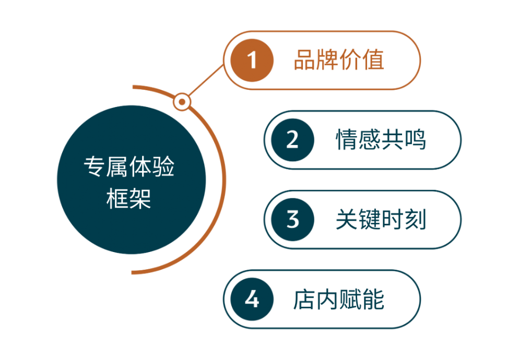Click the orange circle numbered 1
tap(252, 61)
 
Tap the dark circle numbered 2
tap(292, 140)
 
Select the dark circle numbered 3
tap(292, 220)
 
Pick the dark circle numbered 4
tap(252, 299)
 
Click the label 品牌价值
tap(338, 60)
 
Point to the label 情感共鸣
tap(381, 140)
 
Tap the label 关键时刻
tap(381, 220)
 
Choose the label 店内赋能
tap(338, 299)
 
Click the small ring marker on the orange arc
tap(182, 102)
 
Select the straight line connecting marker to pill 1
tap(207, 80)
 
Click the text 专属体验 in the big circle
tap(129, 166)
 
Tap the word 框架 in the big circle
tap(129, 199)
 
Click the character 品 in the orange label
tap(304, 60)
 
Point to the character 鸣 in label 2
tap(415, 140)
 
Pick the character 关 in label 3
tap(347, 220)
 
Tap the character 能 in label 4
tap(373, 299)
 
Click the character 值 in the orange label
tap(373, 60)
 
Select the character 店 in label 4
tap(304, 299)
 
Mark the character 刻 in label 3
tap(415, 220)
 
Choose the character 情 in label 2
tap(347, 140)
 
